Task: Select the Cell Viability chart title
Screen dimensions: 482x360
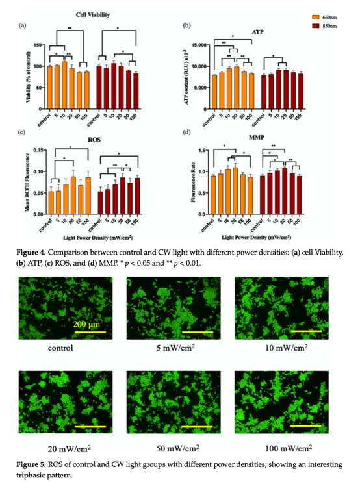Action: point(94,14)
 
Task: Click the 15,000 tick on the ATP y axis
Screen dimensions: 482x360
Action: point(197,45)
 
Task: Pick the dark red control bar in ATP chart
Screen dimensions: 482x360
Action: point(263,84)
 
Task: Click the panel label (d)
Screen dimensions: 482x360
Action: point(187,132)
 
